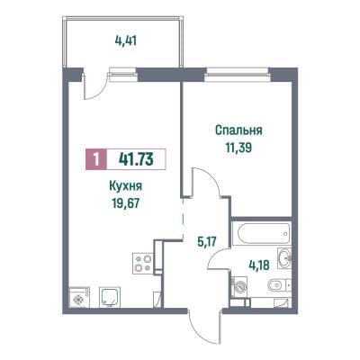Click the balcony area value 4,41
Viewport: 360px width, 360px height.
point(126,40)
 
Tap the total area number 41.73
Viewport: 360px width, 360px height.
point(136,159)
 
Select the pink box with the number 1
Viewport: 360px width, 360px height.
point(96,159)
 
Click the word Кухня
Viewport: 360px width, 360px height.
point(125,186)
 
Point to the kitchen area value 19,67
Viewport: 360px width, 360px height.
point(126,203)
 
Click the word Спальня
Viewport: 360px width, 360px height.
point(238,130)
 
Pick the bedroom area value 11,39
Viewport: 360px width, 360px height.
point(238,148)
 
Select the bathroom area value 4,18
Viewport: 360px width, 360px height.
point(259,265)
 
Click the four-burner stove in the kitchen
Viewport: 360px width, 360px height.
point(143,263)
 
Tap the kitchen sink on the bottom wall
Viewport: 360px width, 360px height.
point(110,297)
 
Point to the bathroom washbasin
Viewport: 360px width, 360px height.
point(284,257)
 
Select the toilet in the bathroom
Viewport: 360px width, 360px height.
point(280,285)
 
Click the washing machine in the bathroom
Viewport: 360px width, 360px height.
point(239,287)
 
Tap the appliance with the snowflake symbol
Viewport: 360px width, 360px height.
point(79,297)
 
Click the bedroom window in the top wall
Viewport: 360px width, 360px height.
point(237,75)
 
